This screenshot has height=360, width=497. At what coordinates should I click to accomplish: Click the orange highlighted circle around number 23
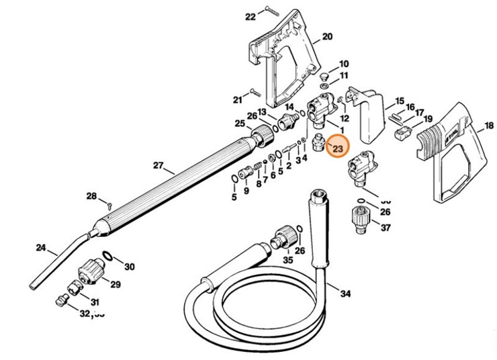337,147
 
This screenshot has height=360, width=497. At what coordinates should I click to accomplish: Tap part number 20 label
327,36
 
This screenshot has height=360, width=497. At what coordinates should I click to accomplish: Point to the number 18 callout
488,126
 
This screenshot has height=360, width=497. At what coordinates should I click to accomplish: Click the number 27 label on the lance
159,165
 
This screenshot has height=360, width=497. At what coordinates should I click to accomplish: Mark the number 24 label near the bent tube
42,249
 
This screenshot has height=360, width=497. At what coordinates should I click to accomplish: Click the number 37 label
385,228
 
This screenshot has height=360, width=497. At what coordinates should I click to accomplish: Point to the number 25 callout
239,124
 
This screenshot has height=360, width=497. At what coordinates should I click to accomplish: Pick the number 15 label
399,100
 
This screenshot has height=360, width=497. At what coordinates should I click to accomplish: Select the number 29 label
115,284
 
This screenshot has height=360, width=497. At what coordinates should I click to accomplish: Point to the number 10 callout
344,62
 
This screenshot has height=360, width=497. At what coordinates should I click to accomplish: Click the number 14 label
289,107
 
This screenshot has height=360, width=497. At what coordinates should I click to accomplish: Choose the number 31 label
95,302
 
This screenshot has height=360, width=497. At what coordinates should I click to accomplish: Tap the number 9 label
246,191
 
